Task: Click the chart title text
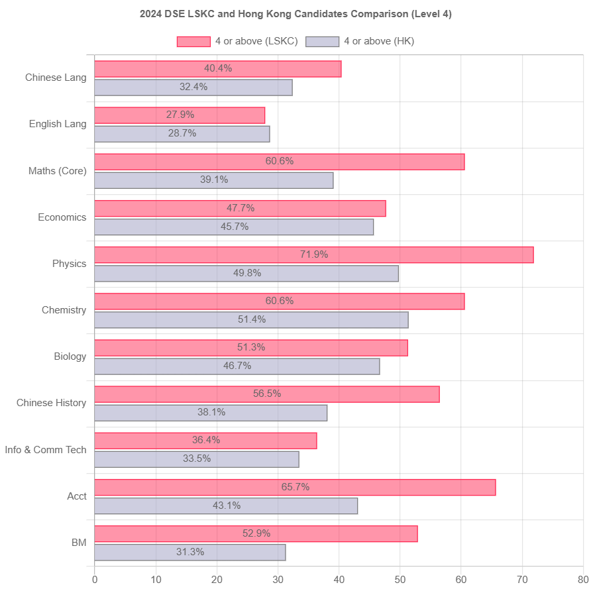tap(295, 14)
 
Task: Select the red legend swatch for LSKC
tap(193, 42)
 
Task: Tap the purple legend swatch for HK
tap(322, 42)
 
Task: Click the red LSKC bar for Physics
tap(314, 255)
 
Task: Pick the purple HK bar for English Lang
tap(182, 134)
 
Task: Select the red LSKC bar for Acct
tap(295, 487)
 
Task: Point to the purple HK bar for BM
tap(190, 552)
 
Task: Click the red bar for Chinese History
tap(267, 394)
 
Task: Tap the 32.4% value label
tap(193, 87)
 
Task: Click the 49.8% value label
tap(246, 273)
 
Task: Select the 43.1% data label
tap(226, 506)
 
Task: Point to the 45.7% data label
tap(234, 227)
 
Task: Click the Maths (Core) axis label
tap(57, 171)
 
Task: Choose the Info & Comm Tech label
tap(46, 449)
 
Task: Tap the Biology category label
tap(70, 356)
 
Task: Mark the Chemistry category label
tap(64, 310)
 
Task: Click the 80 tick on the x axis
tap(582, 580)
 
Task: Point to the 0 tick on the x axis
tap(95, 580)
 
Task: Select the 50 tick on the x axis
tap(400, 580)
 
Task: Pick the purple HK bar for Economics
tap(234, 227)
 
